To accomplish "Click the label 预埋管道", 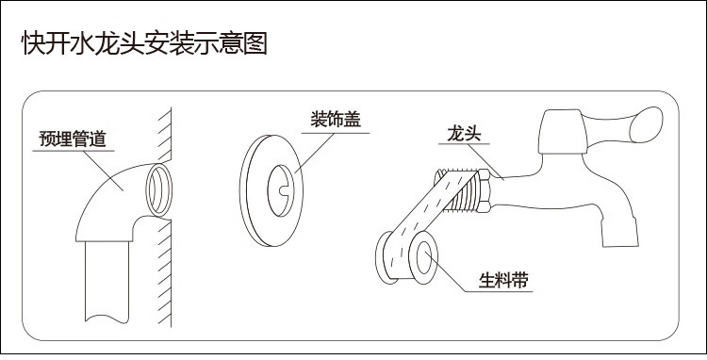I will point(72,139).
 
